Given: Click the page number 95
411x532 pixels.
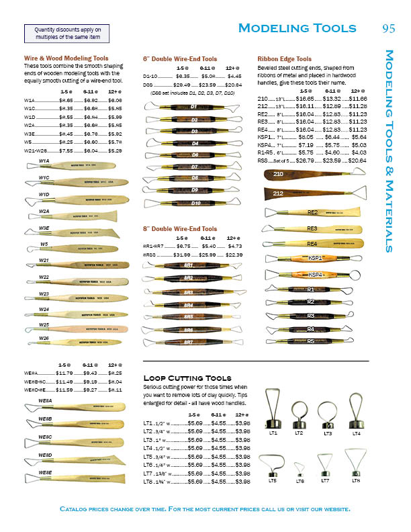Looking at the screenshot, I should tap(388, 28).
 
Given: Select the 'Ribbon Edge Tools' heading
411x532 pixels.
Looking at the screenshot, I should tap(284, 59).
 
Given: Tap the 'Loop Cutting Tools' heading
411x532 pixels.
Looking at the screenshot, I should tap(187, 378).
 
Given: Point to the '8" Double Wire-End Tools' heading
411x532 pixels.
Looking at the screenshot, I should tap(180, 229).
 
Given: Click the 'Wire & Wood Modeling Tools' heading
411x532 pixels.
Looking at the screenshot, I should tap(66, 58).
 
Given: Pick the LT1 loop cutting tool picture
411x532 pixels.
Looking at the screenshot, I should tap(273, 409).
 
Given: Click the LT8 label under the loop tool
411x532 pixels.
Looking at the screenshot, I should tap(356, 481).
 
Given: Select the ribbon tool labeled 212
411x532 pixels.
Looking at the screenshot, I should tap(309, 194).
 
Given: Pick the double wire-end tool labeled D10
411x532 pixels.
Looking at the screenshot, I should tap(195, 203).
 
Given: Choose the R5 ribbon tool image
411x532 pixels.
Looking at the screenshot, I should tap(310, 341).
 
